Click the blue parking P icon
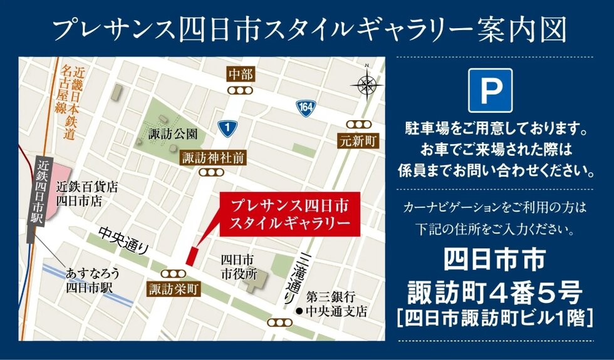click(x=490, y=90)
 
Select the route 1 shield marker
click(x=226, y=127)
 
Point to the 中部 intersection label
click(x=241, y=75)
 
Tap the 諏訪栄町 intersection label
click(x=173, y=289)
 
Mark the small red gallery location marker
click(x=192, y=255)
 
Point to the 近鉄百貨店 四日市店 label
click(x=87, y=193)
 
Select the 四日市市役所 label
click(x=239, y=266)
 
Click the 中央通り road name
click(x=123, y=240)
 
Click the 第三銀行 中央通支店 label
click(x=336, y=303)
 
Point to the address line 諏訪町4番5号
click(x=495, y=291)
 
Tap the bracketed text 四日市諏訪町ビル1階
click(x=495, y=317)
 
